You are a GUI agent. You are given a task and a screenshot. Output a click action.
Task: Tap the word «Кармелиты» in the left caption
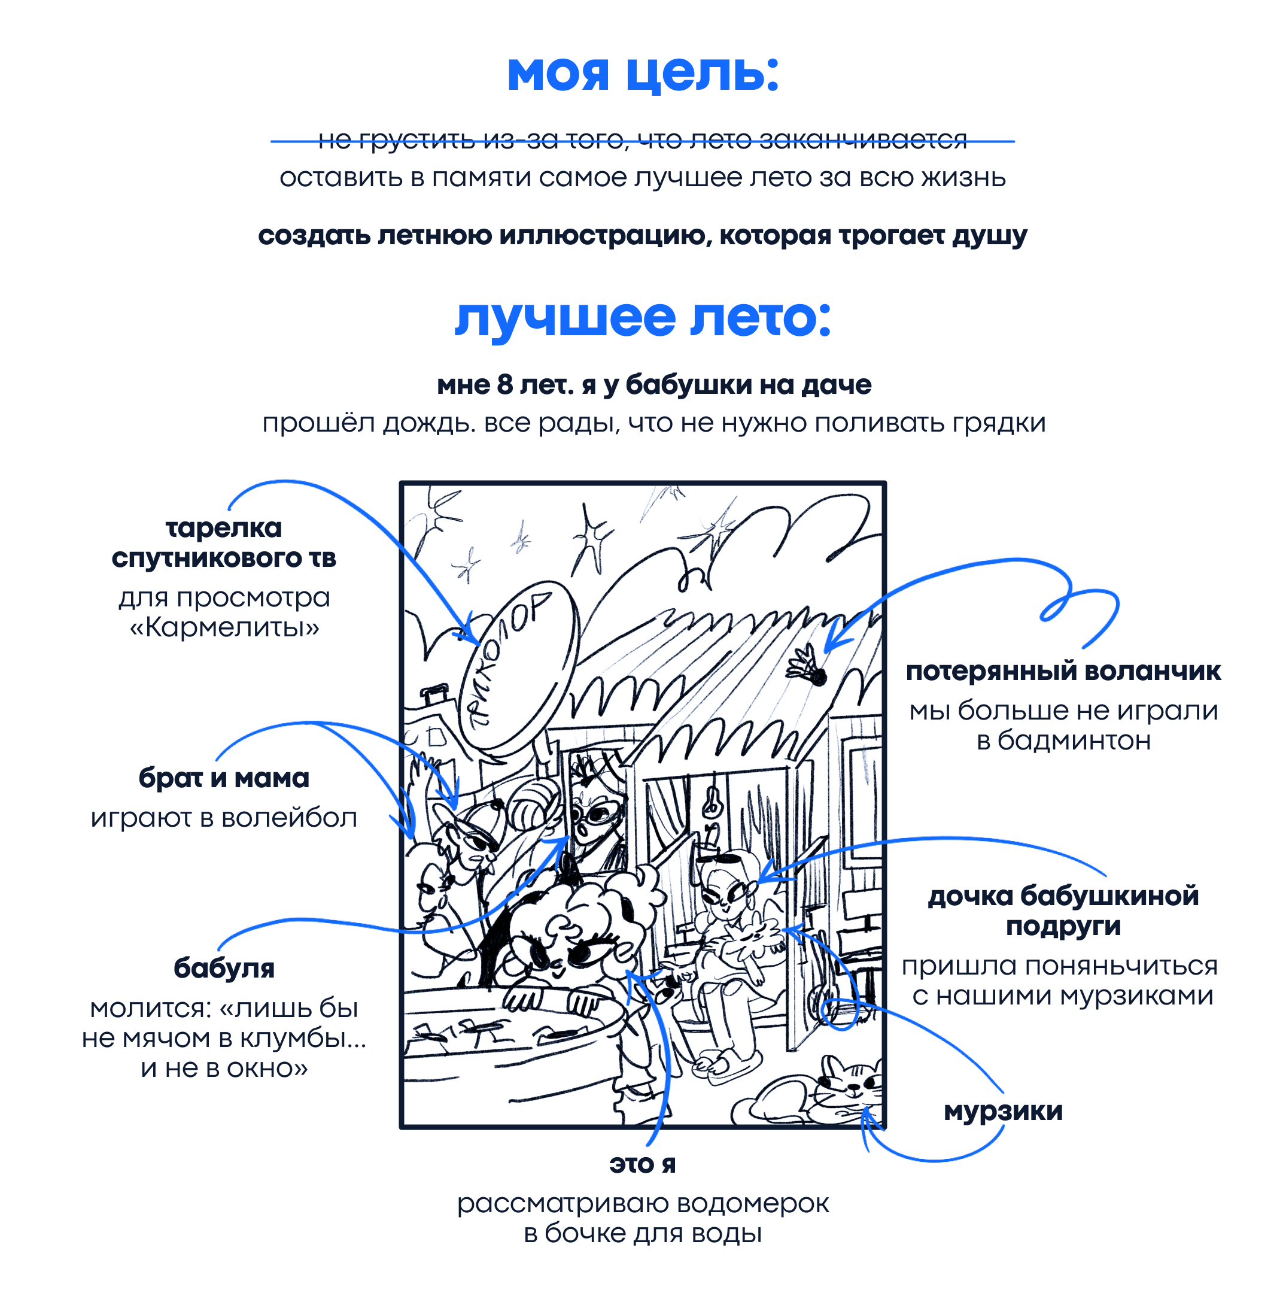point(224,627)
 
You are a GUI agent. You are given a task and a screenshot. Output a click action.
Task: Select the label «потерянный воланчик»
point(1063,671)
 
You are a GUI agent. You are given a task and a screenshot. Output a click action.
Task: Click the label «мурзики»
point(1003,1111)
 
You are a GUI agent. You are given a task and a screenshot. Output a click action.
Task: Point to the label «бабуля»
point(224,969)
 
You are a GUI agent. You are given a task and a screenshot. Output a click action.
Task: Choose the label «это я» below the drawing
point(642,1164)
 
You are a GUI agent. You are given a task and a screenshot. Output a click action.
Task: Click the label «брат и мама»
point(224,778)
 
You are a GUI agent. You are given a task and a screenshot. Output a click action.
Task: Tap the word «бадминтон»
point(1074,740)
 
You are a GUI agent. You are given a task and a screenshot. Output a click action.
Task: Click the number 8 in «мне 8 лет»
point(504,385)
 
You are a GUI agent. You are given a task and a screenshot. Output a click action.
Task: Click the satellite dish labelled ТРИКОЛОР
point(518,667)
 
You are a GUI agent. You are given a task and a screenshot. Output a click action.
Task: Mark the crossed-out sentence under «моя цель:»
point(643,140)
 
